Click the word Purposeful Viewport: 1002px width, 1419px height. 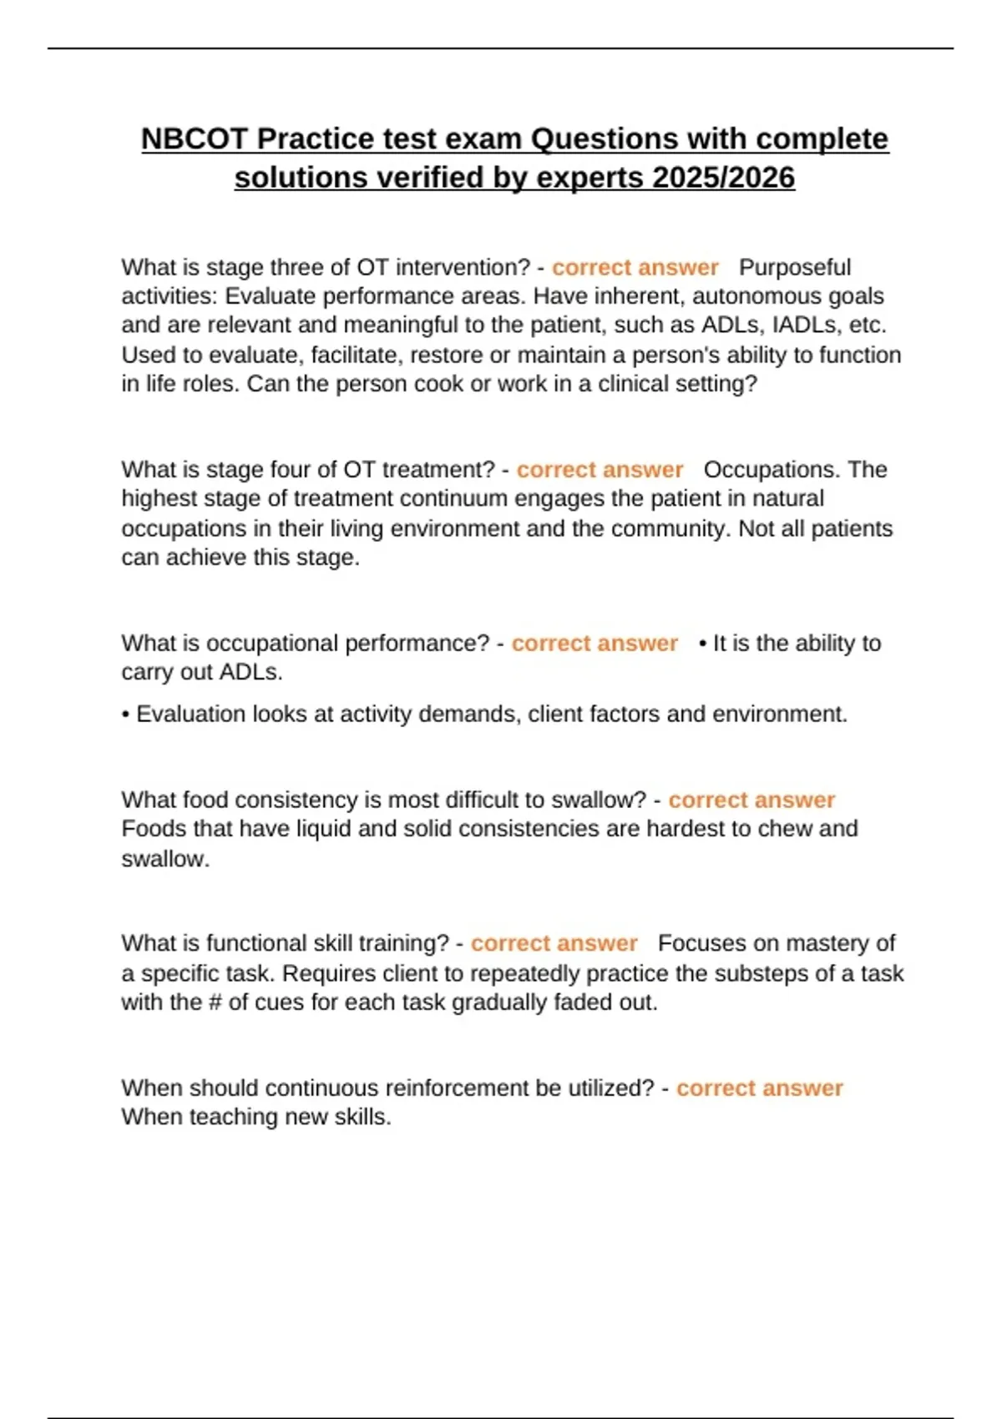[795, 267]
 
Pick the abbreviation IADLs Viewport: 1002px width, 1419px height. [807, 325]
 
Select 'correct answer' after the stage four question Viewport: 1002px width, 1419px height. [600, 470]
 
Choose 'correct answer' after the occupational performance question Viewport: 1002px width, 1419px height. [595, 644]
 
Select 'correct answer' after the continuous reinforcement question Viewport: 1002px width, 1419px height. [759, 1088]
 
